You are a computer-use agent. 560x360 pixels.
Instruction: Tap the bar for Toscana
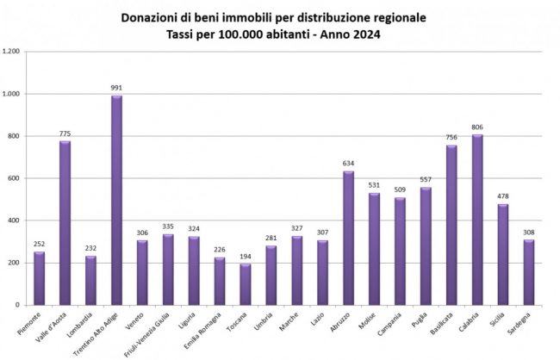point(245,284)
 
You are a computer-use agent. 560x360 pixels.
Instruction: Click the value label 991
point(116,88)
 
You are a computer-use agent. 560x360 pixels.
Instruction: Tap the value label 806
point(477,127)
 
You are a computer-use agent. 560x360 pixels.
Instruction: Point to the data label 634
point(348,164)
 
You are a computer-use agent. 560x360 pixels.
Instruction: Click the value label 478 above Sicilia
point(503,196)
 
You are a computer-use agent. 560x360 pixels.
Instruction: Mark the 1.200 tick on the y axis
point(11,52)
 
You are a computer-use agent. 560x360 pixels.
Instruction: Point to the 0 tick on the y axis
point(17,305)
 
